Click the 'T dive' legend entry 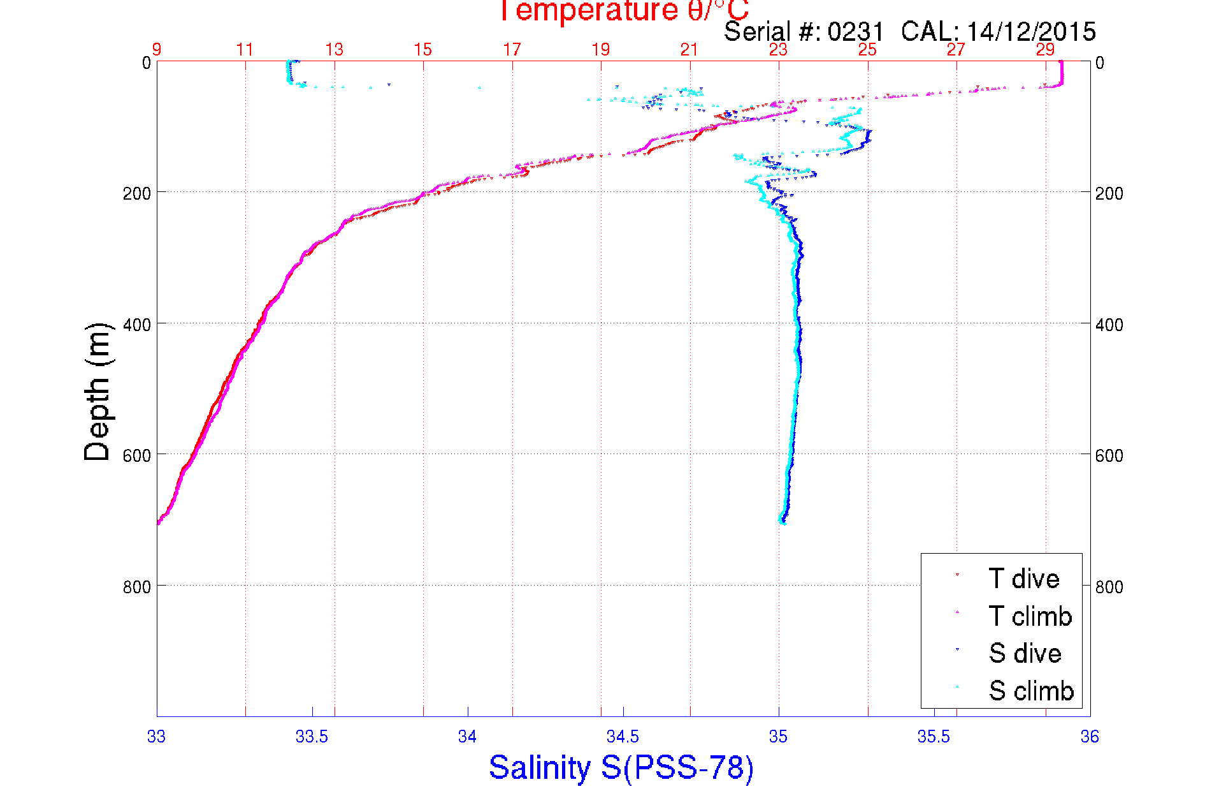(1023, 579)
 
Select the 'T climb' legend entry (1030, 616)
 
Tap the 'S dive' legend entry (1025, 653)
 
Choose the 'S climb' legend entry (1031, 691)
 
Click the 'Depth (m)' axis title (97, 392)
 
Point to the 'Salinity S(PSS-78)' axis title (621, 767)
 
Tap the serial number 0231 (856, 32)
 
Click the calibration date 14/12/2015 (1031, 32)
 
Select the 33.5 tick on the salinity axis (312, 737)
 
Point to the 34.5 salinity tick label (623, 737)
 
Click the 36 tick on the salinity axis (1090, 737)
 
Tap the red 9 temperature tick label (157, 50)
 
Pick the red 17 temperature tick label (512, 50)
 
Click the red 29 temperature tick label (1045, 50)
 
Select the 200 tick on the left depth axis (136, 193)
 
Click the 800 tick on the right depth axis (1109, 587)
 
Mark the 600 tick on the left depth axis (136, 455)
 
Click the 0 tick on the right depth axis (1099, 63)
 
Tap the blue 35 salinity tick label (778, 737)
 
